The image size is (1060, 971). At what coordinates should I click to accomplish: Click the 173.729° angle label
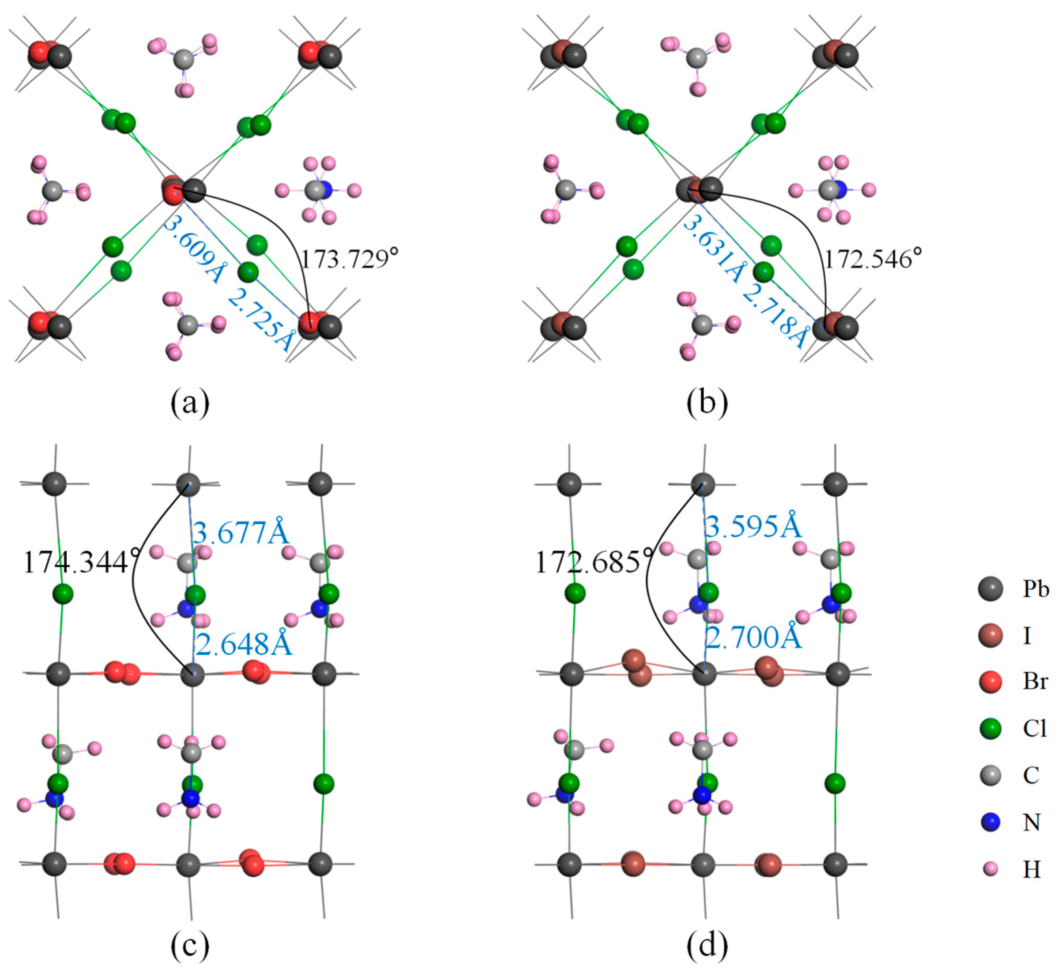[x=349, y=259]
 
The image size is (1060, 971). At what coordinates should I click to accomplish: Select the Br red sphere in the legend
[x=991, y=682]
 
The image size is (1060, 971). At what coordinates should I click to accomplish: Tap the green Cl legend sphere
[x=991, y=729]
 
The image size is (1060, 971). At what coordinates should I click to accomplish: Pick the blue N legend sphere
[x=991, y=822]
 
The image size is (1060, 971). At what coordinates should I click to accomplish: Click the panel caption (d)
[x=707, y=946]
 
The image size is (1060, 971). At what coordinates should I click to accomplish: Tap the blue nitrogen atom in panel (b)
[x=839, y=189]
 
